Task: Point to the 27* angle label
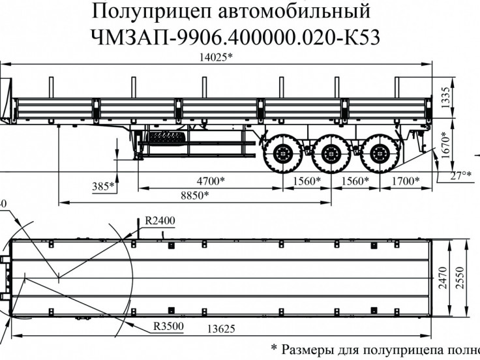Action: (459, 175)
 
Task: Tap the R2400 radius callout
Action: (160, 220)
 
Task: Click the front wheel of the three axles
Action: (282, 155)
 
